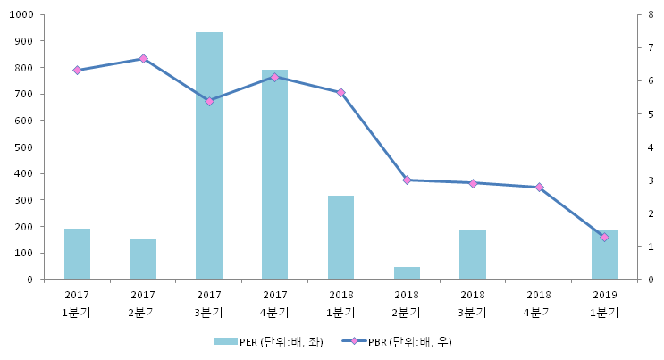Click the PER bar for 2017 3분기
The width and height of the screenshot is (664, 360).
coord(209,156)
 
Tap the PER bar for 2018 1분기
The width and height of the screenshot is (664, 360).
coord(340,238)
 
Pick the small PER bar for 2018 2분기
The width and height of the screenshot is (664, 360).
coord(407,273)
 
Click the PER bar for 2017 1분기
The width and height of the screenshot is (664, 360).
coord(77,255)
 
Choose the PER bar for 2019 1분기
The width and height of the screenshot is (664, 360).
coord(604,255)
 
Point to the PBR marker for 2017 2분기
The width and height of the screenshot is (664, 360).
coord(143,59)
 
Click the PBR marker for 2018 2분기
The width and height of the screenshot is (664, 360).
coord(407,180)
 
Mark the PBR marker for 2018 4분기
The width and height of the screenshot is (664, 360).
coord(539,188)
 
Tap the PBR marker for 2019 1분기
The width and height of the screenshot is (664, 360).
coord(604,237)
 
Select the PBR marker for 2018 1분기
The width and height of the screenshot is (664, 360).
coord(340,93)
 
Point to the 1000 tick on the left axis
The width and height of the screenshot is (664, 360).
coord(21,15)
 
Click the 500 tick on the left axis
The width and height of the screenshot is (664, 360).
coord(23,147)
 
